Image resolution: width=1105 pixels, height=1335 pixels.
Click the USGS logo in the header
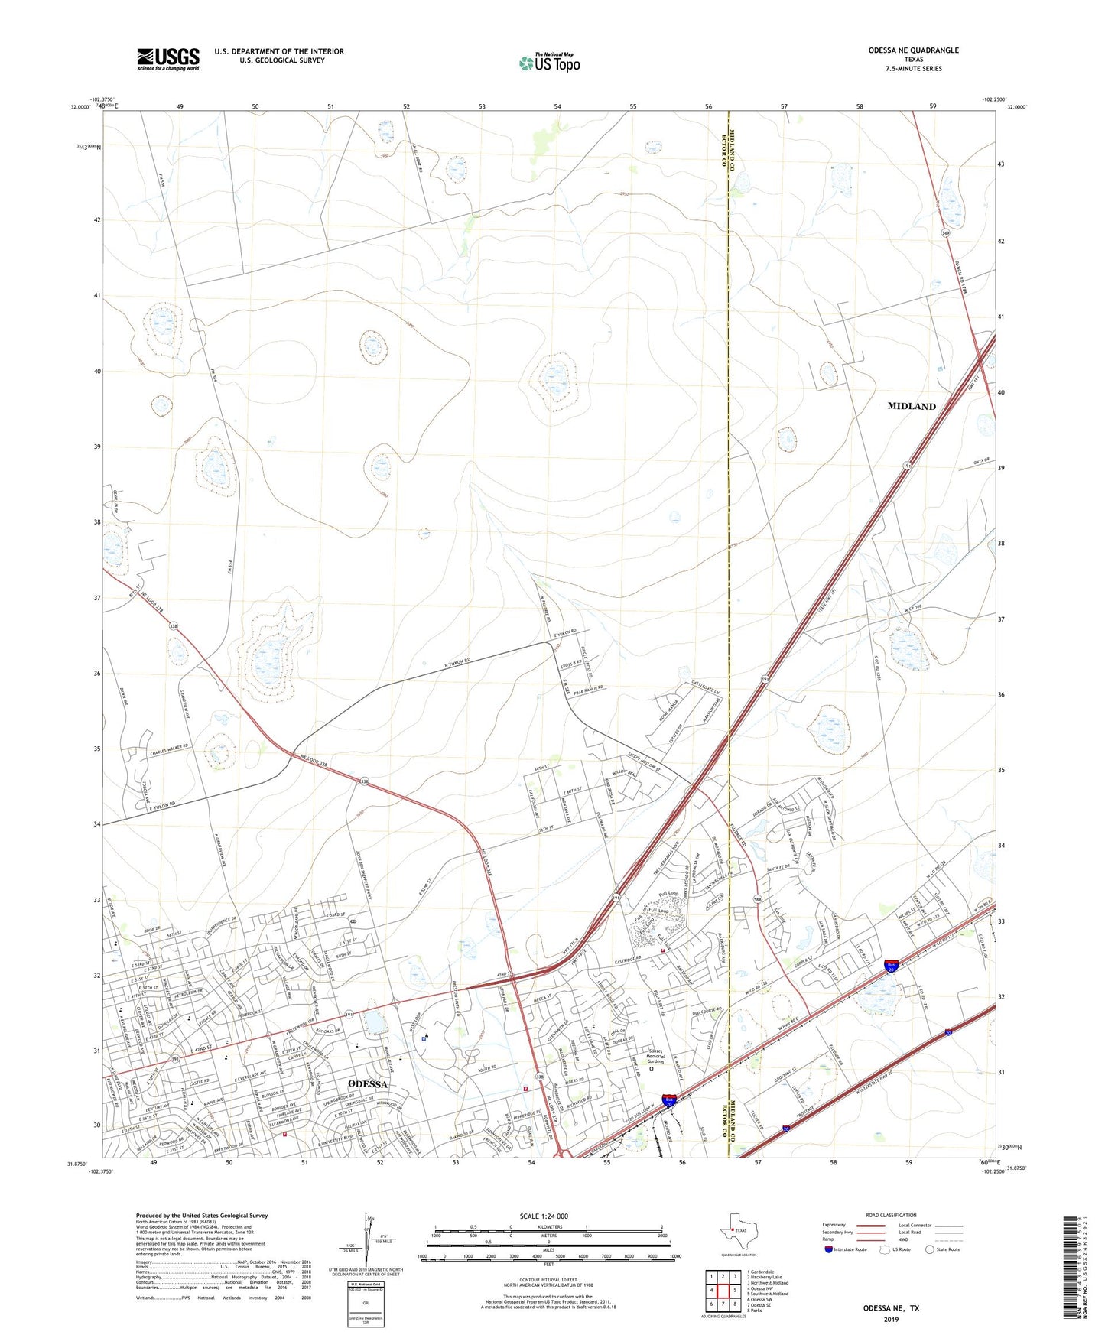coord(168,58)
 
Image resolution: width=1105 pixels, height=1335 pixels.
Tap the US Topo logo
coord(548,63)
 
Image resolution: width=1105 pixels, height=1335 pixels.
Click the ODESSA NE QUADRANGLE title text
coord(913,50)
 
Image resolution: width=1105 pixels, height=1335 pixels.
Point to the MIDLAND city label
coord(912,406)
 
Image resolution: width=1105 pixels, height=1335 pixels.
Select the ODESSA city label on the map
coord(367,1084)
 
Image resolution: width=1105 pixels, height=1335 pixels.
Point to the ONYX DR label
coord(981,460)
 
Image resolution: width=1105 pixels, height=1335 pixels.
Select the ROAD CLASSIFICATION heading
coord(891,1215)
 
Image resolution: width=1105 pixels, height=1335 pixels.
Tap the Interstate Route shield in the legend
coord(828,1249)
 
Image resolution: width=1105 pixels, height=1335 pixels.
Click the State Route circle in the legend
coord(930,1249)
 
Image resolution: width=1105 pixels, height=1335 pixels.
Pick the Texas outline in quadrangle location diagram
coord(738,1232)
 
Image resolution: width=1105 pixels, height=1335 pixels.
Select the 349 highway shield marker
coord(946,233)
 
